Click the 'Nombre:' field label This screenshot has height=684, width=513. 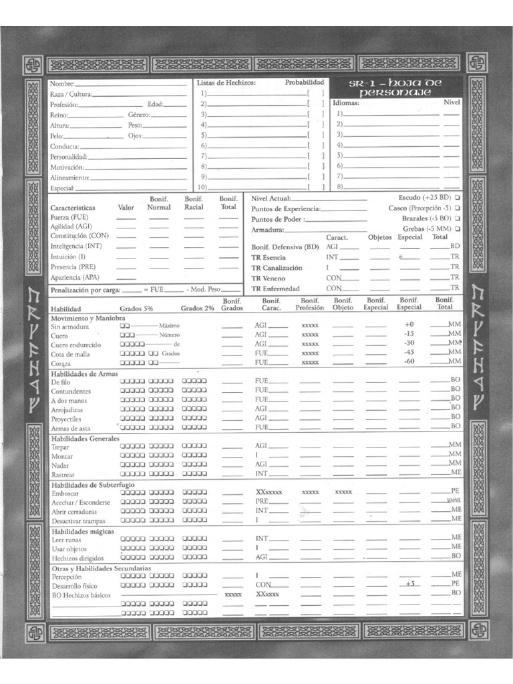pyautogui.click(x=62, y=84)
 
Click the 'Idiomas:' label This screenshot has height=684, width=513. pyautogui.click(x=346, y=104)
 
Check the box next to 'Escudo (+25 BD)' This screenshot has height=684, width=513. pyautogui.click(x=458, y=198)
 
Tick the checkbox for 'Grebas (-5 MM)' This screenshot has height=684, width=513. pyautogui.click(x=458, y=228)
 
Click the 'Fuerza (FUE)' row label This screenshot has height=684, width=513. pyautogui.click(x=69, y=217)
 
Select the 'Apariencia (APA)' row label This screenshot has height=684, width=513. pyautogui.click(x=73, y=277)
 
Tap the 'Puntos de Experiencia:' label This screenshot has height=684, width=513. pyautogui.click(x=286, y=208)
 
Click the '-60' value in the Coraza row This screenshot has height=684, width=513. pyautogui.click(x=409, y=361)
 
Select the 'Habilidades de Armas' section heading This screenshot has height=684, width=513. pyautogui.click(x=84, y=373)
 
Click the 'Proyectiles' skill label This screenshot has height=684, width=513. pyautogui.click(x=66, y=419)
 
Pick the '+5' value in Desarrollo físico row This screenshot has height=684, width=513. pyautogui.click(x=409, y=583)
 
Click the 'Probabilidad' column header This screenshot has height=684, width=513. pyautogui.click(x=304, y=83)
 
